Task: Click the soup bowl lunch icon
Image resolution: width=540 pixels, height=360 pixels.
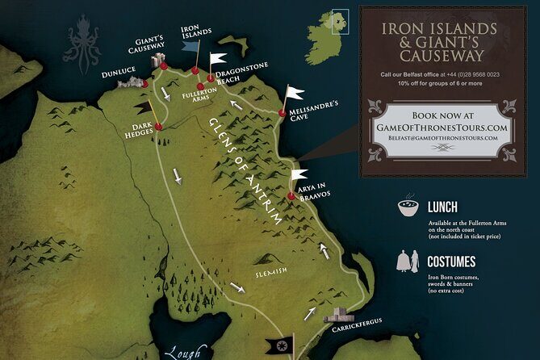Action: [408, 208]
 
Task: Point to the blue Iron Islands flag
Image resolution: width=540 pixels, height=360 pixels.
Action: [190, 47]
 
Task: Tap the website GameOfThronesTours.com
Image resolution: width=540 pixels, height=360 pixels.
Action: [441, 128]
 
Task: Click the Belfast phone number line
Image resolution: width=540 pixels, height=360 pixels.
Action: [440, 75]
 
